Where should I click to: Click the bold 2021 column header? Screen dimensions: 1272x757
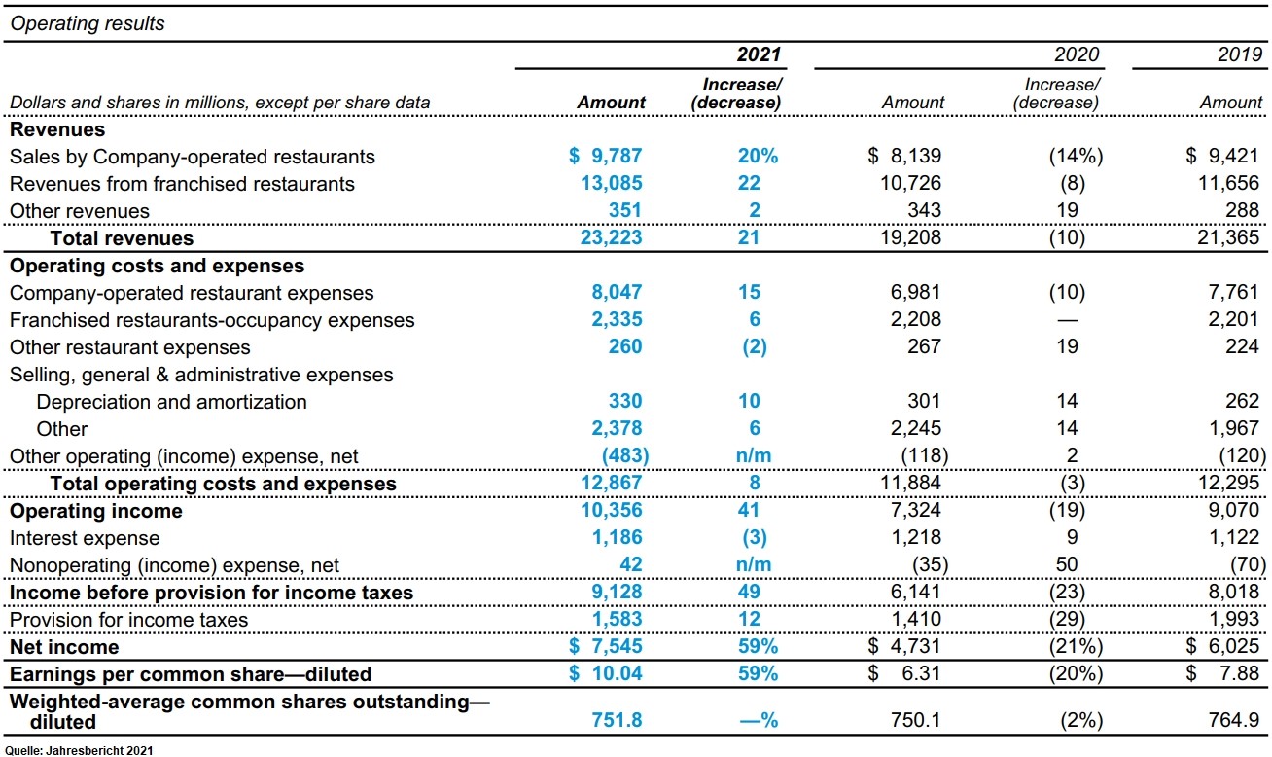759,54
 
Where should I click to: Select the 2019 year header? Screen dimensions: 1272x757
1240,54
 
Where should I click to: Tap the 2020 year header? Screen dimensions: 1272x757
1077,54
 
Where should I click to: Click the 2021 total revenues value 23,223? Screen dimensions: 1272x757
611,237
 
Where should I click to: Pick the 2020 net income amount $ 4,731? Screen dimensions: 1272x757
904,646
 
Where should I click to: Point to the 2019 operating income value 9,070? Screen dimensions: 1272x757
1233,510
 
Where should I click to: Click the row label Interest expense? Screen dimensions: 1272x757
85,538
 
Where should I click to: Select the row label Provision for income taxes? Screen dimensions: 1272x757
129,620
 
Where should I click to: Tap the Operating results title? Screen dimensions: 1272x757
88,23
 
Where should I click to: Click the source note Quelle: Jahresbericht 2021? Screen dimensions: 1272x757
79,751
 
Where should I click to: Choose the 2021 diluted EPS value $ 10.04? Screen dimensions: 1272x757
605,673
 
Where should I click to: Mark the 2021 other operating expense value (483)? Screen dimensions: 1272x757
625,455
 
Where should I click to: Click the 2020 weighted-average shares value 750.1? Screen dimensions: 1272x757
915,720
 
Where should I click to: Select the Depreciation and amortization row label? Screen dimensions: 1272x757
171,402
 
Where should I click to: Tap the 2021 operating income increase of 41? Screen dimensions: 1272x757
749,510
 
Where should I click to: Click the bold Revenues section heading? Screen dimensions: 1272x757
57,129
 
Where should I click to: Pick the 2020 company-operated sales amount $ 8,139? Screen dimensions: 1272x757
904,156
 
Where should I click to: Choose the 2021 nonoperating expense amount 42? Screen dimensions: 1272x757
630,564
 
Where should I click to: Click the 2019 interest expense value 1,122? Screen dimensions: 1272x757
1233,537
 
